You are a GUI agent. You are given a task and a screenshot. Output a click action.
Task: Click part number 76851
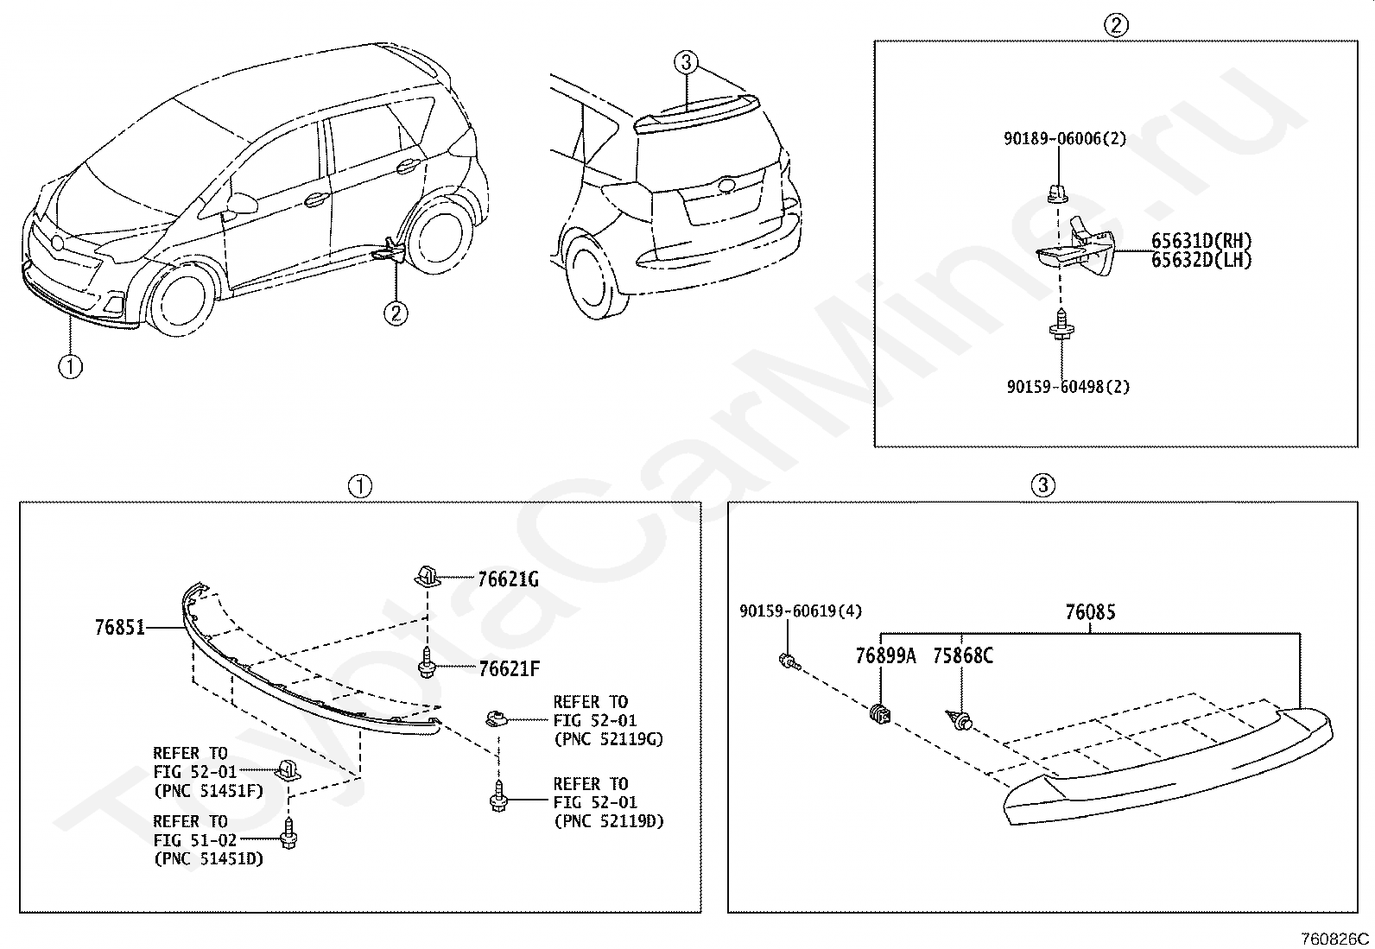click(119, 628)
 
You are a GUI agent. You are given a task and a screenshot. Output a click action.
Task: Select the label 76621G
click(508, 580)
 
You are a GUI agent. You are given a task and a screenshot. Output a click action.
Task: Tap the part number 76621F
click(509, 668)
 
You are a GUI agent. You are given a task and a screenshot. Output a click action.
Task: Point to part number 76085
click(1090, 612)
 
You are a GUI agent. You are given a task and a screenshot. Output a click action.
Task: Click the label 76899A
click(885, 655)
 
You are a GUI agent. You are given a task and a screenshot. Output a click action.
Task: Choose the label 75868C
click(962, 655)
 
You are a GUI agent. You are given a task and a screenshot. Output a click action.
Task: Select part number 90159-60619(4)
click(801, 611)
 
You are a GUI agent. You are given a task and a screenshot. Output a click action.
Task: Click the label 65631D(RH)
click(1201, 242)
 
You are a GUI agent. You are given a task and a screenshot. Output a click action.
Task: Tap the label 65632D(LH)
click(1201, 259)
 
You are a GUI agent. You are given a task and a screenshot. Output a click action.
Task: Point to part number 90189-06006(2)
click(1064, 138)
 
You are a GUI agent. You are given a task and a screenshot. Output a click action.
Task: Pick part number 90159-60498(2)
click(1068, 387)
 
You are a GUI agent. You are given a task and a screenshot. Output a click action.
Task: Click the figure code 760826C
click(1337, 939)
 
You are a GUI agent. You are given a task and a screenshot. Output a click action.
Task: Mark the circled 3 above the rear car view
click(686, 61)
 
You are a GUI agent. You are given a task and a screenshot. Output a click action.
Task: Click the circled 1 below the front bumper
click(70, 366)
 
